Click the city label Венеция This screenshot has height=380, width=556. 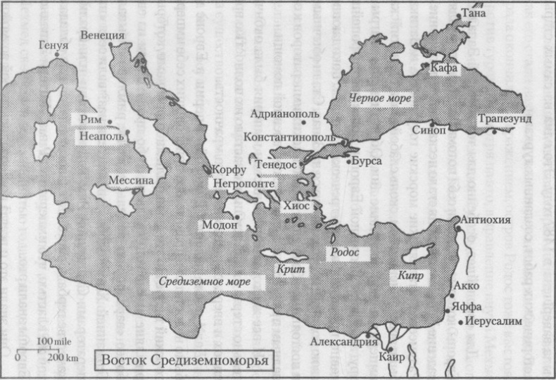coord(103,35)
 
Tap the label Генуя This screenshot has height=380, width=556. coord(54,46)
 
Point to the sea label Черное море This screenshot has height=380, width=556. coord(381,99)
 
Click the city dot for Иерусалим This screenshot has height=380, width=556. coord(462,323)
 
